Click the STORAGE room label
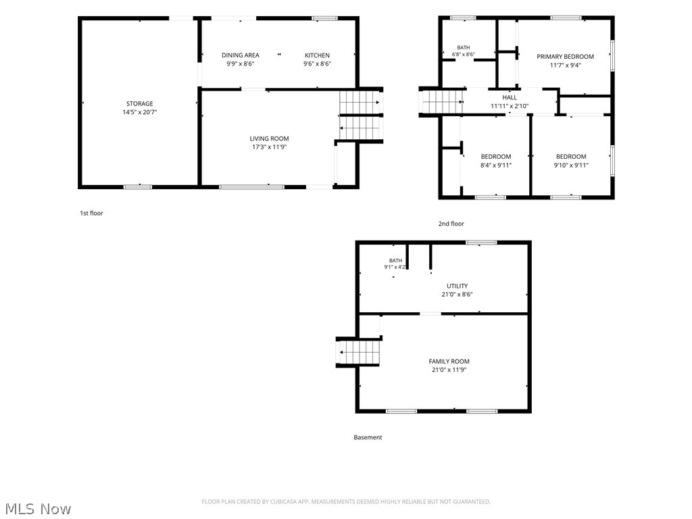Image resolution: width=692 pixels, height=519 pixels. pyautogui.click(x=139, y=103)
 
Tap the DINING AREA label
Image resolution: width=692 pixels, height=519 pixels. pyautogui.click(x=240, y=55)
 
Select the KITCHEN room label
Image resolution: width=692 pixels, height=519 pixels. pyautogui.click(x=317, y=55)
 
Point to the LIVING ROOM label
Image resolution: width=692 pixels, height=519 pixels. pyautogui.click(x=269, y=139)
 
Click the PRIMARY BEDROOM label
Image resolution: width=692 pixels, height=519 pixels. pyautogui.click(x=565, y=57)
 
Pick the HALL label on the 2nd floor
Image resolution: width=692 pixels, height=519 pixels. pyautogui.click(x=510, y=97)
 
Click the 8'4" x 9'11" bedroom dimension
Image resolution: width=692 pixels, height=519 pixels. pyautogui.click(x=495, y=166)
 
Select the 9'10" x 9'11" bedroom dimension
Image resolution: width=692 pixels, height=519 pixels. pyautogui.click(x=571, y=166)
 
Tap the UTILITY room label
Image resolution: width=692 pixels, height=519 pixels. pyautogui.click(x=458, y=286)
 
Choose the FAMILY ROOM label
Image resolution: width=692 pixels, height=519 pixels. pyautogui.click(x=449, y=362)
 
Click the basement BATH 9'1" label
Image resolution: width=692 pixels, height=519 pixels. pyautogui.click(x=395, y=264)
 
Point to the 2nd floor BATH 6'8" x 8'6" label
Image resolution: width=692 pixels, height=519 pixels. pyautogui.click(x=464, y=51)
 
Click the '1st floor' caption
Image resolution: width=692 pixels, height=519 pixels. pyautogui.click(x=91, y=213)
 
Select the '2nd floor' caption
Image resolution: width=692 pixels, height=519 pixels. pyautogui.click(x=451, y=224)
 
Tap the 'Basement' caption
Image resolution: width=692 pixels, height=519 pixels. pyautogui.click(x=368, y=437)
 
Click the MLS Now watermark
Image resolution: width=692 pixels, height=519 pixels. pyautogui.click(x=38, y=509)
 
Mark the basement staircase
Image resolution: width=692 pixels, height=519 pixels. pyautogui.click(x=360, y=352)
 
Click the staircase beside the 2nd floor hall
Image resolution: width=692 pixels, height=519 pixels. pyautogui.click(x=442, y=101)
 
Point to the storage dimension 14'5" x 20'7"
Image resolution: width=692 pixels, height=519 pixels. pyautogui.click(x=139, y=112)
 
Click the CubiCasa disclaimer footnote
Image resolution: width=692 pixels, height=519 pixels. pyautogui.click(x=346, y=502)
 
